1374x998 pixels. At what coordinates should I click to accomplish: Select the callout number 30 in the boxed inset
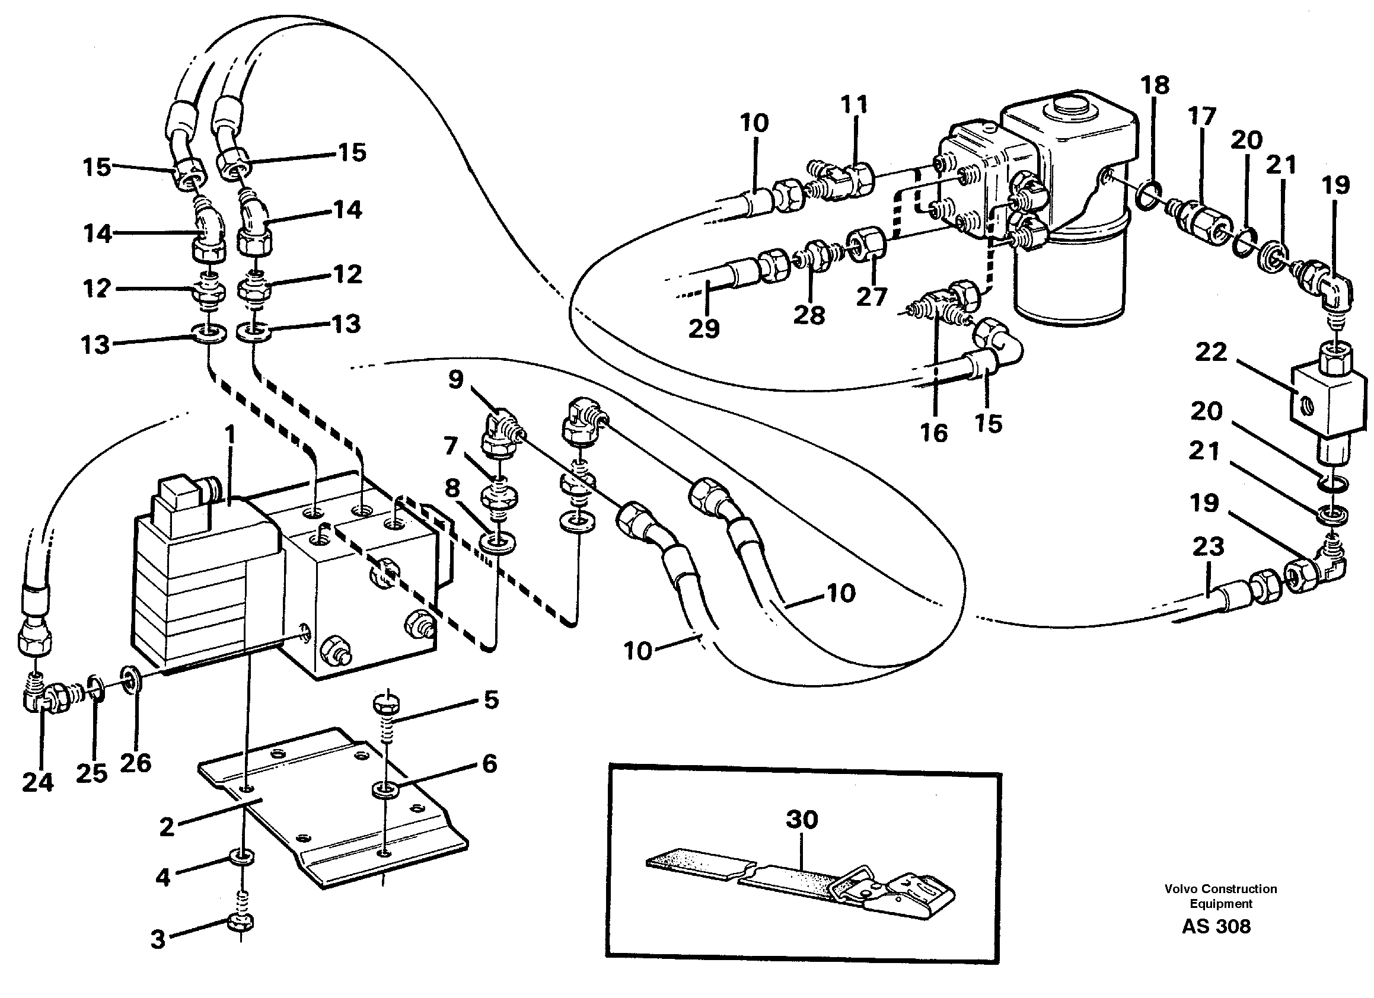(802, 820)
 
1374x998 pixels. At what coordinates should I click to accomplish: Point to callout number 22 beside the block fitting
(1210, 352)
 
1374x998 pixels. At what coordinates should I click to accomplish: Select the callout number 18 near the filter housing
(1154, 85)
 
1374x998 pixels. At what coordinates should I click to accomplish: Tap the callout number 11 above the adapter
(854, 105)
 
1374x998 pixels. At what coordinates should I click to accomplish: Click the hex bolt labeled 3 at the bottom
(241, 922)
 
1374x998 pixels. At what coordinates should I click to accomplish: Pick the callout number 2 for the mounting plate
(167, 827)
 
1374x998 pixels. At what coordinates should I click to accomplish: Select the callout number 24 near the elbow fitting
(37, 782)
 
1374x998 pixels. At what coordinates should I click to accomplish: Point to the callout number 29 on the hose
(703, 328)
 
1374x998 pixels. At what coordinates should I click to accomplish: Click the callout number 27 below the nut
(871, 296)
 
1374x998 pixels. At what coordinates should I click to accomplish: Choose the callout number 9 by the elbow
(455, 380)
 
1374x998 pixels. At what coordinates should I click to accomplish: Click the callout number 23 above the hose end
(1208, 546)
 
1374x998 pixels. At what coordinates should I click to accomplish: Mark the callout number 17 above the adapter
(1202, 116)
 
